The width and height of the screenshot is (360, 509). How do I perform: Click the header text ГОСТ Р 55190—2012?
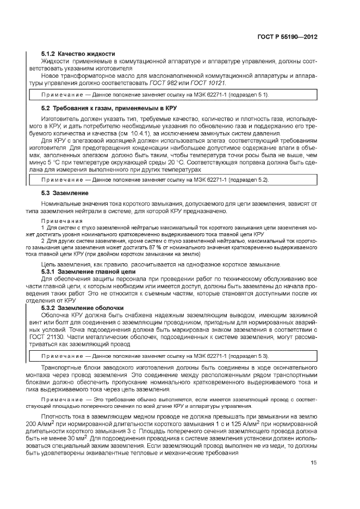tap(287, 37)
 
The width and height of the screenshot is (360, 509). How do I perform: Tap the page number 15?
tap(314, 462)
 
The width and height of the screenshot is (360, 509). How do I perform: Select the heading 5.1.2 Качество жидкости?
tap(78, 54)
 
